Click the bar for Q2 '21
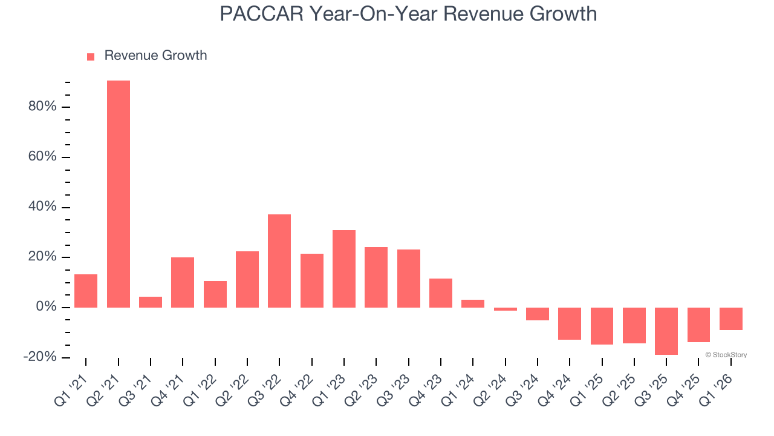pos(119,194)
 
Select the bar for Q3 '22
pos(279,261)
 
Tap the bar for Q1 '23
pos(344,269)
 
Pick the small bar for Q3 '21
pos(151,302)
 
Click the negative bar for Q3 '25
pos(666,331)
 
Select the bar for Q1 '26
pos(731,319)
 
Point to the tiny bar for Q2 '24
pos(506,309)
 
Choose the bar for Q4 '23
pos(441,293)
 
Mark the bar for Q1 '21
pos(86,291)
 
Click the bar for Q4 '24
pos(570,323)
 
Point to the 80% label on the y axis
pos(42,107)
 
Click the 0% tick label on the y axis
pos(45,307)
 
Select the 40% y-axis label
pos(42,207)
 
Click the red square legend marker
pos(91,56)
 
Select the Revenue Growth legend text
pos(155,56)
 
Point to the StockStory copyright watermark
pos(726,355)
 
